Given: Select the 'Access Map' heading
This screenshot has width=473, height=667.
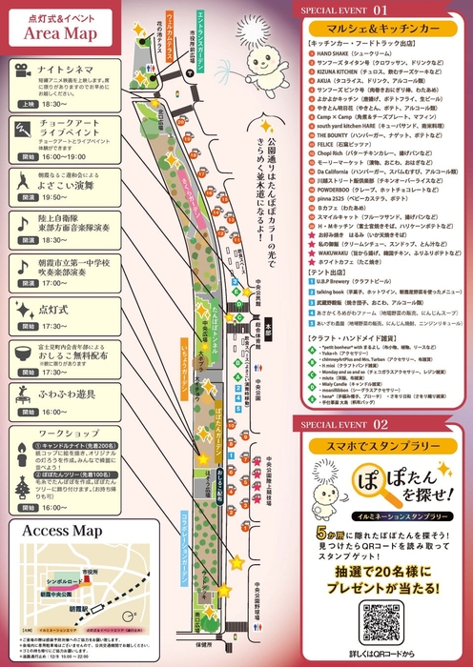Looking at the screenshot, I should coord(57,531).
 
